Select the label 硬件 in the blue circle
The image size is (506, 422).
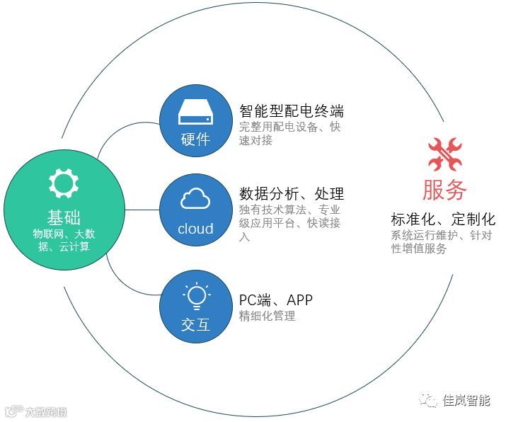click(x=195, y=138)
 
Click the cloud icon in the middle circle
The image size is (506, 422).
click(x=195, y=200)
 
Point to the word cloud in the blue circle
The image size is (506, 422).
click(x=195, y=229)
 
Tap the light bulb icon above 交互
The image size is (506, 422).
click(x=195, y=294)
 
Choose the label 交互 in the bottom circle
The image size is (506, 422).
click(x=195, y=325)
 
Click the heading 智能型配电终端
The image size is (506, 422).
click(x=292, y=111)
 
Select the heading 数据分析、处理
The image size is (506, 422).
click(x=292, y=193)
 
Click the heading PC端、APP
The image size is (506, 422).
click(x=276, y=300)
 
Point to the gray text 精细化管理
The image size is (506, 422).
click(x=268, y=316)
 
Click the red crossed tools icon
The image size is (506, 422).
click(x=444, y=154)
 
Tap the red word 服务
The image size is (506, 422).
click(x=444, y=190)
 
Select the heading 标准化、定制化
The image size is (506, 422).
click(x=443, y=219)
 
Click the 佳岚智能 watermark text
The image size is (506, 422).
click(x=466, y=400)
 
